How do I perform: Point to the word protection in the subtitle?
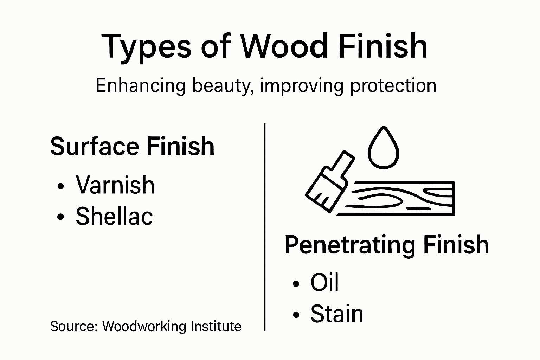tap(393, 86)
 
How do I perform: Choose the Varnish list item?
tap(115, 185)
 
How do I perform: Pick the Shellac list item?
tap(114, 216)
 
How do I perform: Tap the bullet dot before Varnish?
tap(61, 187)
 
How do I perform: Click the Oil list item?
tap(324, 282)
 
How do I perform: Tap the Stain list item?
tap(336, 314)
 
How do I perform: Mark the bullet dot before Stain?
tap(296, 315)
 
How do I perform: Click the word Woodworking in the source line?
tap(144, 326)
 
